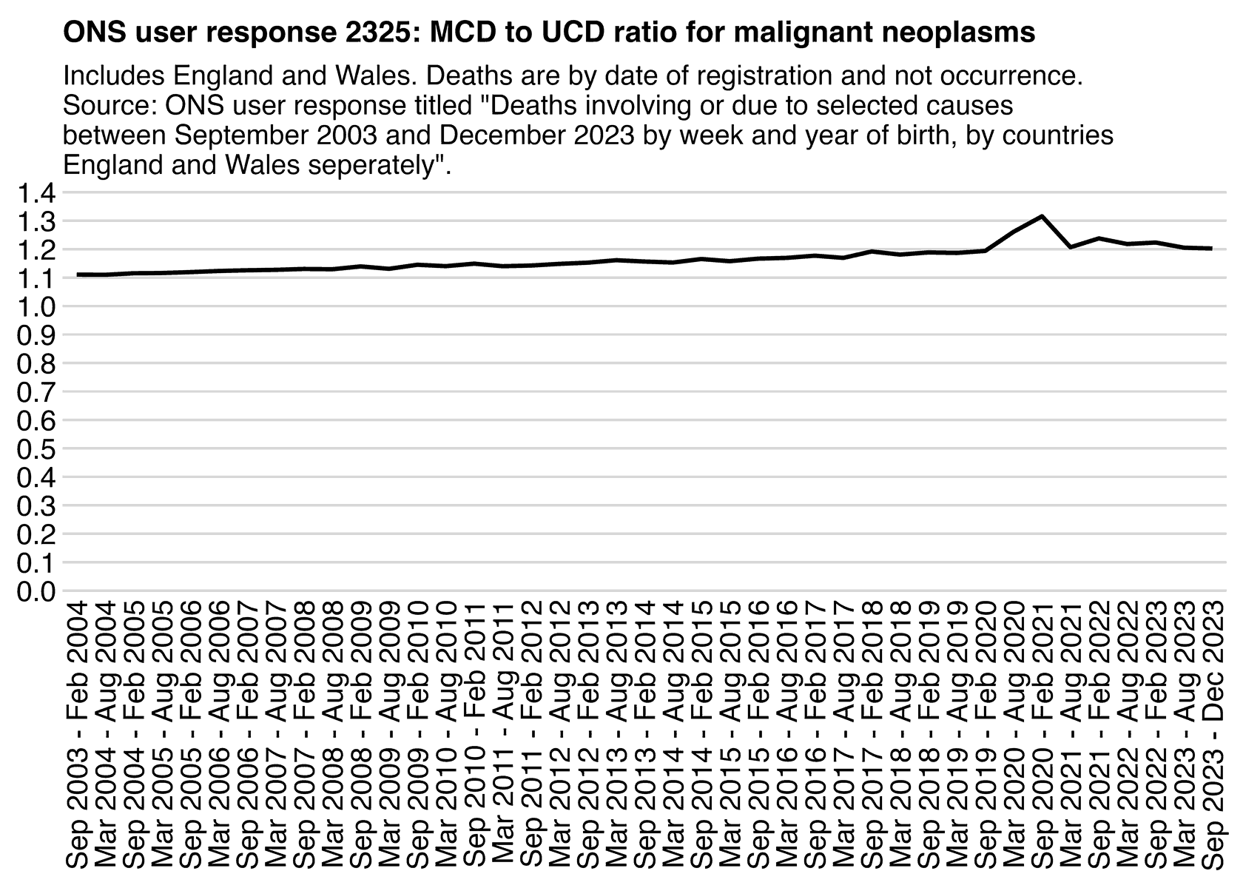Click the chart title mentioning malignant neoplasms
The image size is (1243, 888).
click(x=548, y=33)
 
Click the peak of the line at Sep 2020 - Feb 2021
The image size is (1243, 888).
click(x=1042, y=216)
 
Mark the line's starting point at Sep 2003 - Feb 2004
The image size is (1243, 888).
click(x=78, y=275)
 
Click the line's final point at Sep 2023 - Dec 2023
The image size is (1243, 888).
click(x=1212, y=249)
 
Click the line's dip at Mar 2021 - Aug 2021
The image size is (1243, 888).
click(x=1071, y=247)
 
